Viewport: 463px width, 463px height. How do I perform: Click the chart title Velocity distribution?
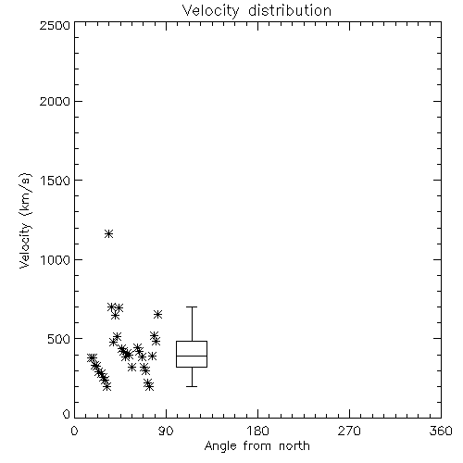257,10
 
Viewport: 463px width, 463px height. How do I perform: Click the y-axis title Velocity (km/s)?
25,220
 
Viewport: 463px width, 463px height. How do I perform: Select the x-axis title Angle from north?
257,446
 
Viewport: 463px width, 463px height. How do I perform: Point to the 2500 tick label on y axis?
55,25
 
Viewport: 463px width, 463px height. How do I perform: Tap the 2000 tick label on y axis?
55,101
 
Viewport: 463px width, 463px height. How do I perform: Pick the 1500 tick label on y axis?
56,181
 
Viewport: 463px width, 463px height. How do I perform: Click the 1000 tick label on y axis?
56,260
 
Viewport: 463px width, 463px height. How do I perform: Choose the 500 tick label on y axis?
59,339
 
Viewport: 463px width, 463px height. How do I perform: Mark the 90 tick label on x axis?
166,431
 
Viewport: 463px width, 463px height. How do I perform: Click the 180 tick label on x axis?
257,431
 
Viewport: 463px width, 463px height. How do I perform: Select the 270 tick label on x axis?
349,431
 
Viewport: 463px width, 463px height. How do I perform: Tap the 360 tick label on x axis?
441,431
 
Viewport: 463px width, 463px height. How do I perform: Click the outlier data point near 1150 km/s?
108,233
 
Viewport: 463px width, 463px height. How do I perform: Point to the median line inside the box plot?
192,356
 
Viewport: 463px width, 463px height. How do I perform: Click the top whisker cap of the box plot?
192,307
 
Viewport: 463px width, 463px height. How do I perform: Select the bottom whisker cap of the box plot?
192,386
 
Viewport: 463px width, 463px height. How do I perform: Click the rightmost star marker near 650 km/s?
157,314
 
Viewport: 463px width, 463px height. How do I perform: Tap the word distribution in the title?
290,10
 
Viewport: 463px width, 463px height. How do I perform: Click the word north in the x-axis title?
294,446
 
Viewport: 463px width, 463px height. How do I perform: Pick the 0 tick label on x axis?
74,431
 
